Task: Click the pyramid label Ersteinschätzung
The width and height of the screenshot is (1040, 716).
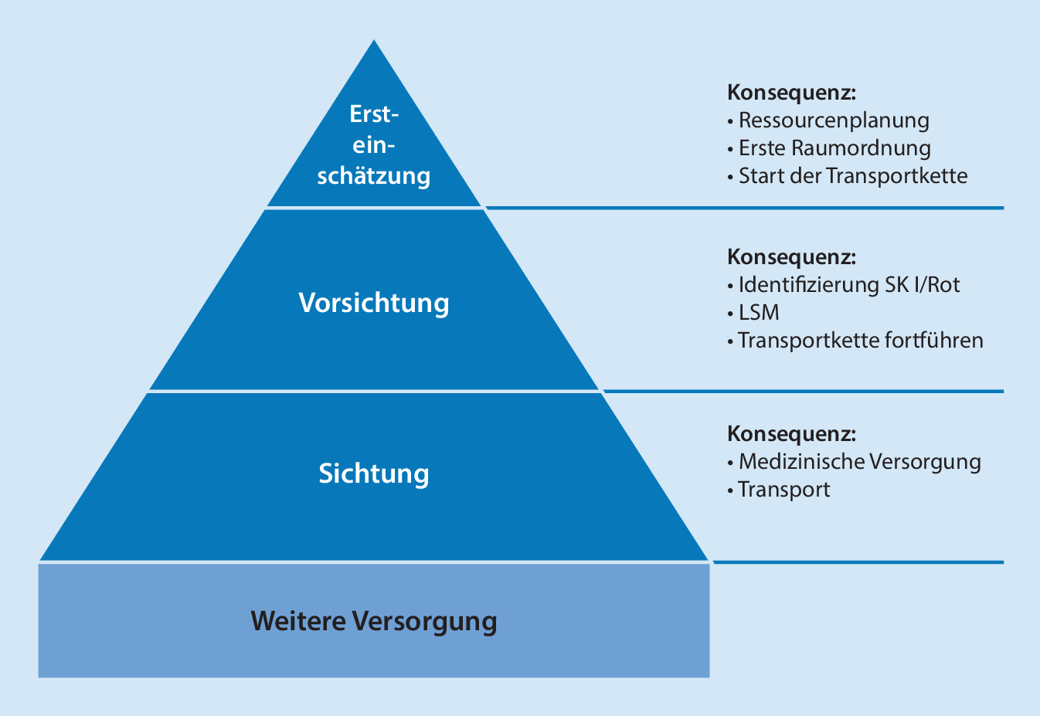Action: [374, 145]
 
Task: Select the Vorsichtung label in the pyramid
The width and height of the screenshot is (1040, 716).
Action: [374, 303]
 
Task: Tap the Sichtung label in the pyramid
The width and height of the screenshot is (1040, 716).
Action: [374, 473]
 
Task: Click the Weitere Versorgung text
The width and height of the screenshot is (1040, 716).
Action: [374, 621]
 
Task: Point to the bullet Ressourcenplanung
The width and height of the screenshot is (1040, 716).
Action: [833, 120]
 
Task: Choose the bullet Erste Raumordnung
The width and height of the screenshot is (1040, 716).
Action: [834, 148]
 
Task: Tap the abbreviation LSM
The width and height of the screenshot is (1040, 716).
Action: [758, 313]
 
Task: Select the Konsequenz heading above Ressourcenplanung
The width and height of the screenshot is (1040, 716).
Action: [792, 93]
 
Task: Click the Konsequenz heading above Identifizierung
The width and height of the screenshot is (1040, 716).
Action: [792, 257]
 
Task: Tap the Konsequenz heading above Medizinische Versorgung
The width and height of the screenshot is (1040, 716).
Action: [792, 433]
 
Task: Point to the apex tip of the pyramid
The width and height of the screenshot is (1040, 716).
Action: [375, 42]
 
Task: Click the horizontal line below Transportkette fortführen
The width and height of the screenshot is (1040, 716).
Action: [804, 392]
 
